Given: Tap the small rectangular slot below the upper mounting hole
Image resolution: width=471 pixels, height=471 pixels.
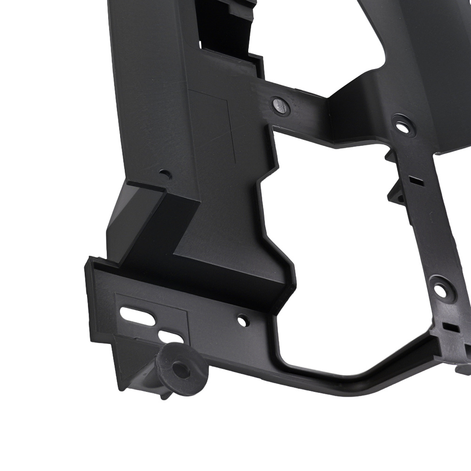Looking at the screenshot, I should [415, 179].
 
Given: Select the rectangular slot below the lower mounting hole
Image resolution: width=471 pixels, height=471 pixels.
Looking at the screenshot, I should [450, 326].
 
